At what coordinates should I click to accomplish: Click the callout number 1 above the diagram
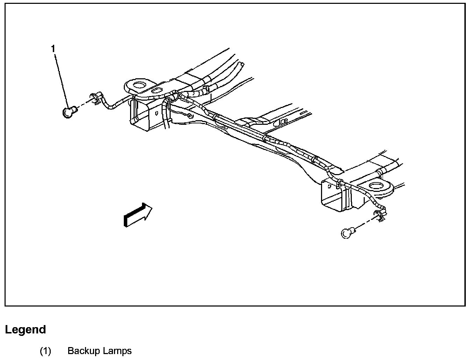(53, 49)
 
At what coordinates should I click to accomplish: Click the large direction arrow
(138, 215)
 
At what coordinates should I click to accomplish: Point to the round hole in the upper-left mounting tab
(140, 85)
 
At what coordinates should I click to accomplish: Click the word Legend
(25, 330)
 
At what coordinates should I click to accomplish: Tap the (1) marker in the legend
(45, 351)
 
